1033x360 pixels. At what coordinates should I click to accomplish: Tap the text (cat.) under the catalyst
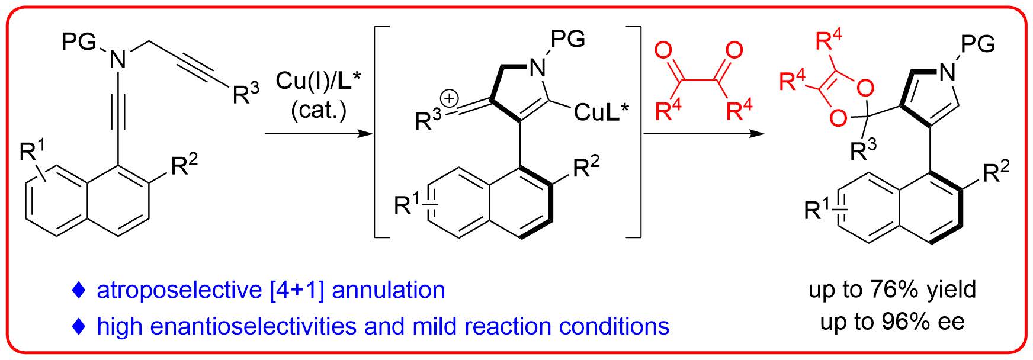pyautogui.click(x=319, y=111)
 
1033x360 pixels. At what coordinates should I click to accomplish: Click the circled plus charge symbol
pyautogui.click(x=448, y=99)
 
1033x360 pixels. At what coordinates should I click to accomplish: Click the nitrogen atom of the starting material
pyautogui.click(x=118, y=59)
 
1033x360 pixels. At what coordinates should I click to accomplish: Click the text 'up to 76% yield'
pyautogui.click(x=892, y=290)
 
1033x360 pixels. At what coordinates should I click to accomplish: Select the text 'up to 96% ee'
pyautogui.click(x=892, y=322)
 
